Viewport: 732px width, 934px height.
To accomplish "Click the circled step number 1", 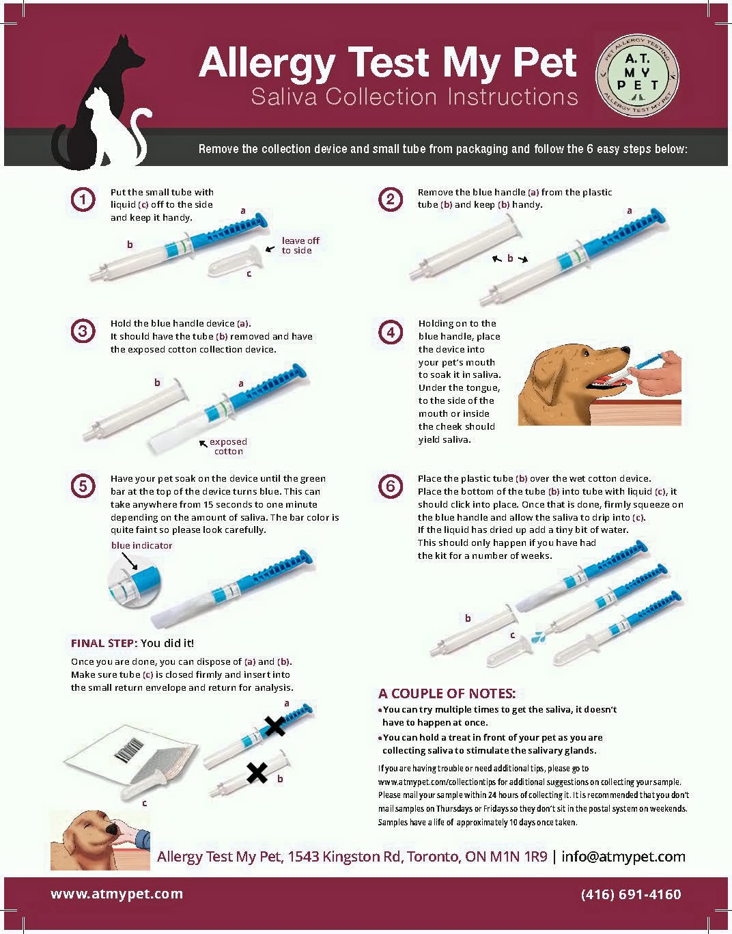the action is click(x=83, y=200).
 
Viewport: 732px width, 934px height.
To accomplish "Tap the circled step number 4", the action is click(x=391, y=332).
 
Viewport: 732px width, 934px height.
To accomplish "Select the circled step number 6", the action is click(x=391, y=486).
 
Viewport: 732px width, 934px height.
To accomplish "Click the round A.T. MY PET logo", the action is click(x=637, y=75).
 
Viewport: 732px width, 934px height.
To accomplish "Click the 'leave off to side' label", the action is click(x=300, y=245).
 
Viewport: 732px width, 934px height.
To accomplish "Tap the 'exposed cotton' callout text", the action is click(x=228, y=446).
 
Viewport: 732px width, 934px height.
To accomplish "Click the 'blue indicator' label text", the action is click(x=141, y=545).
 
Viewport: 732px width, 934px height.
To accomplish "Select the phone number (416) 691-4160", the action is click(x=631, y=894).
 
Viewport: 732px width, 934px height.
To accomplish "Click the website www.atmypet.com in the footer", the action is click(x=117, y=894).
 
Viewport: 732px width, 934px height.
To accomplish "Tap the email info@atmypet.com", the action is click(x=623, y=857).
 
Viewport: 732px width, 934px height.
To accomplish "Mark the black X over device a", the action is click(x=274, y=726).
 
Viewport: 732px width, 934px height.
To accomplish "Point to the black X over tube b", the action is click(x=257, y=772).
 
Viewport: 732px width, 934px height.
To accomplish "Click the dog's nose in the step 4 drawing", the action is click(x=626, y=351).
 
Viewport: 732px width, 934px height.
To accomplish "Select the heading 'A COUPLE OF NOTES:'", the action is click(x=447, y=693).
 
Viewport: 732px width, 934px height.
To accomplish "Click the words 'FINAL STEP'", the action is click(x=104, y=644).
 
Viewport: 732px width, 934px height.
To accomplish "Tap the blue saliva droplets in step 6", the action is click(x=539, y=637).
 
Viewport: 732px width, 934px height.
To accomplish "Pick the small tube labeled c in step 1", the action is click(x=235, y=260).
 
